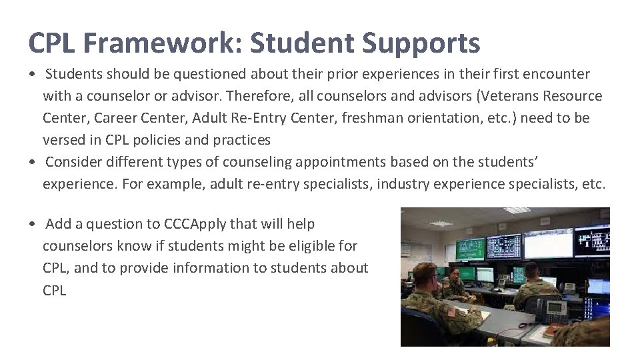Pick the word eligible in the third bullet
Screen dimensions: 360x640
pos(315,246)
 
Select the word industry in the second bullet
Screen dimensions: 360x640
pos(404,184)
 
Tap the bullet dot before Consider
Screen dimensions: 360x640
pos(33,163)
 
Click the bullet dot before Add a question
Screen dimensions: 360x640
pos(33,225)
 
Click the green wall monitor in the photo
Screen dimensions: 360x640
pos(469,249)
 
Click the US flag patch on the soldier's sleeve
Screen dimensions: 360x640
pos(452,311)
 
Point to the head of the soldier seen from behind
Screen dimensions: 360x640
pos(531,270)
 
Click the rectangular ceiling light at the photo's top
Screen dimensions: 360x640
pos(517,211)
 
